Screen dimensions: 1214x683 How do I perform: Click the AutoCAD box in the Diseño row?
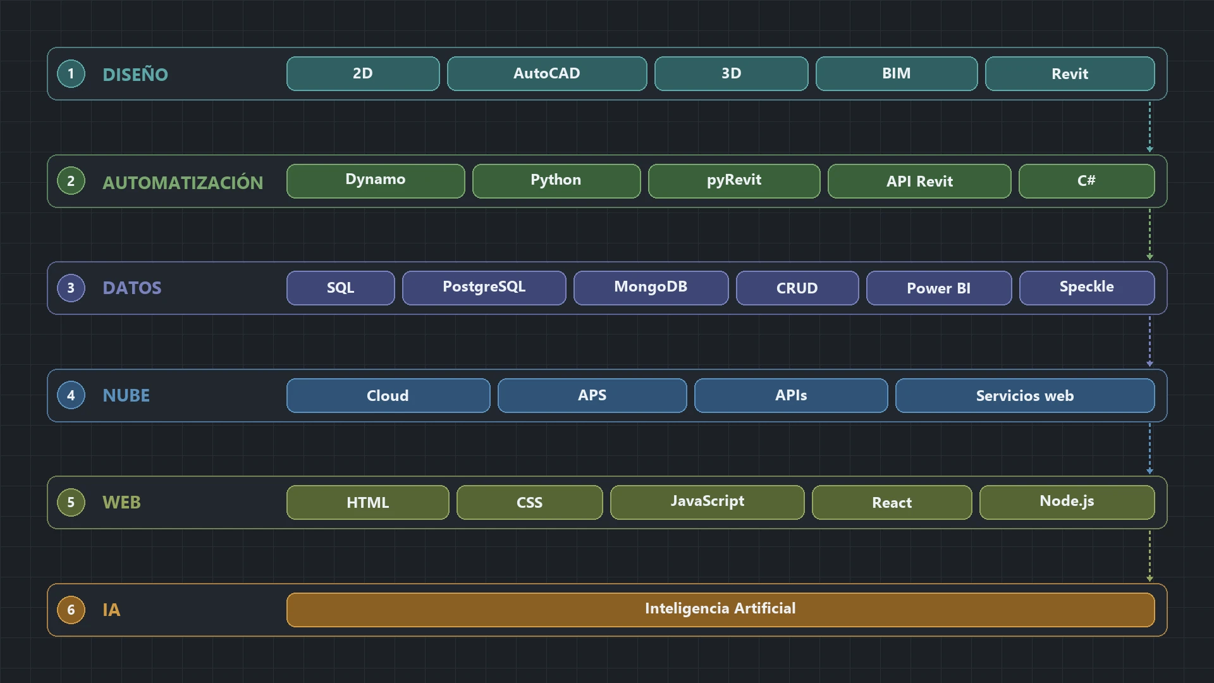pos(547,73)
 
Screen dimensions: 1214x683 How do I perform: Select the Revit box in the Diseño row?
pos(1070,73)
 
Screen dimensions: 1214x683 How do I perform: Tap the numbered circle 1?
pos(71,73)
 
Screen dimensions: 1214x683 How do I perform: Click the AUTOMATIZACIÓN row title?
pos(183,182)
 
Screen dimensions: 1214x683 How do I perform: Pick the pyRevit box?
pos(734,181)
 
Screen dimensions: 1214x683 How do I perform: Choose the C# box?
pos(1087,181)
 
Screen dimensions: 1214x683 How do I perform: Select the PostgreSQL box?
pos(484,288)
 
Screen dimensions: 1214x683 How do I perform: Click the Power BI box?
pos(939,288)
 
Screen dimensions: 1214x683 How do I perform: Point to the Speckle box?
pos(1087,288)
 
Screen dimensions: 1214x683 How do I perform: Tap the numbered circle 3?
pos(71,288)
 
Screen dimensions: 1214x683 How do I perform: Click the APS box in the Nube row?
pos(592,395)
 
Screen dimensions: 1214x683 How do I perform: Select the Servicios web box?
pos(1025,395)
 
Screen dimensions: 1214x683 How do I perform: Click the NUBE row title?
pos(126,396)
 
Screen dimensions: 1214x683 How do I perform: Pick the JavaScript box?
pos(708,502)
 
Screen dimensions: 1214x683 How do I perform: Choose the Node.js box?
pos(1067,502)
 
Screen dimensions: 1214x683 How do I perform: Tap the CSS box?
pos(530,502)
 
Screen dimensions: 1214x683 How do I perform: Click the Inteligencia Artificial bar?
pos(721,610)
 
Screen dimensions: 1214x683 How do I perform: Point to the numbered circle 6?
pos(71,610)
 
